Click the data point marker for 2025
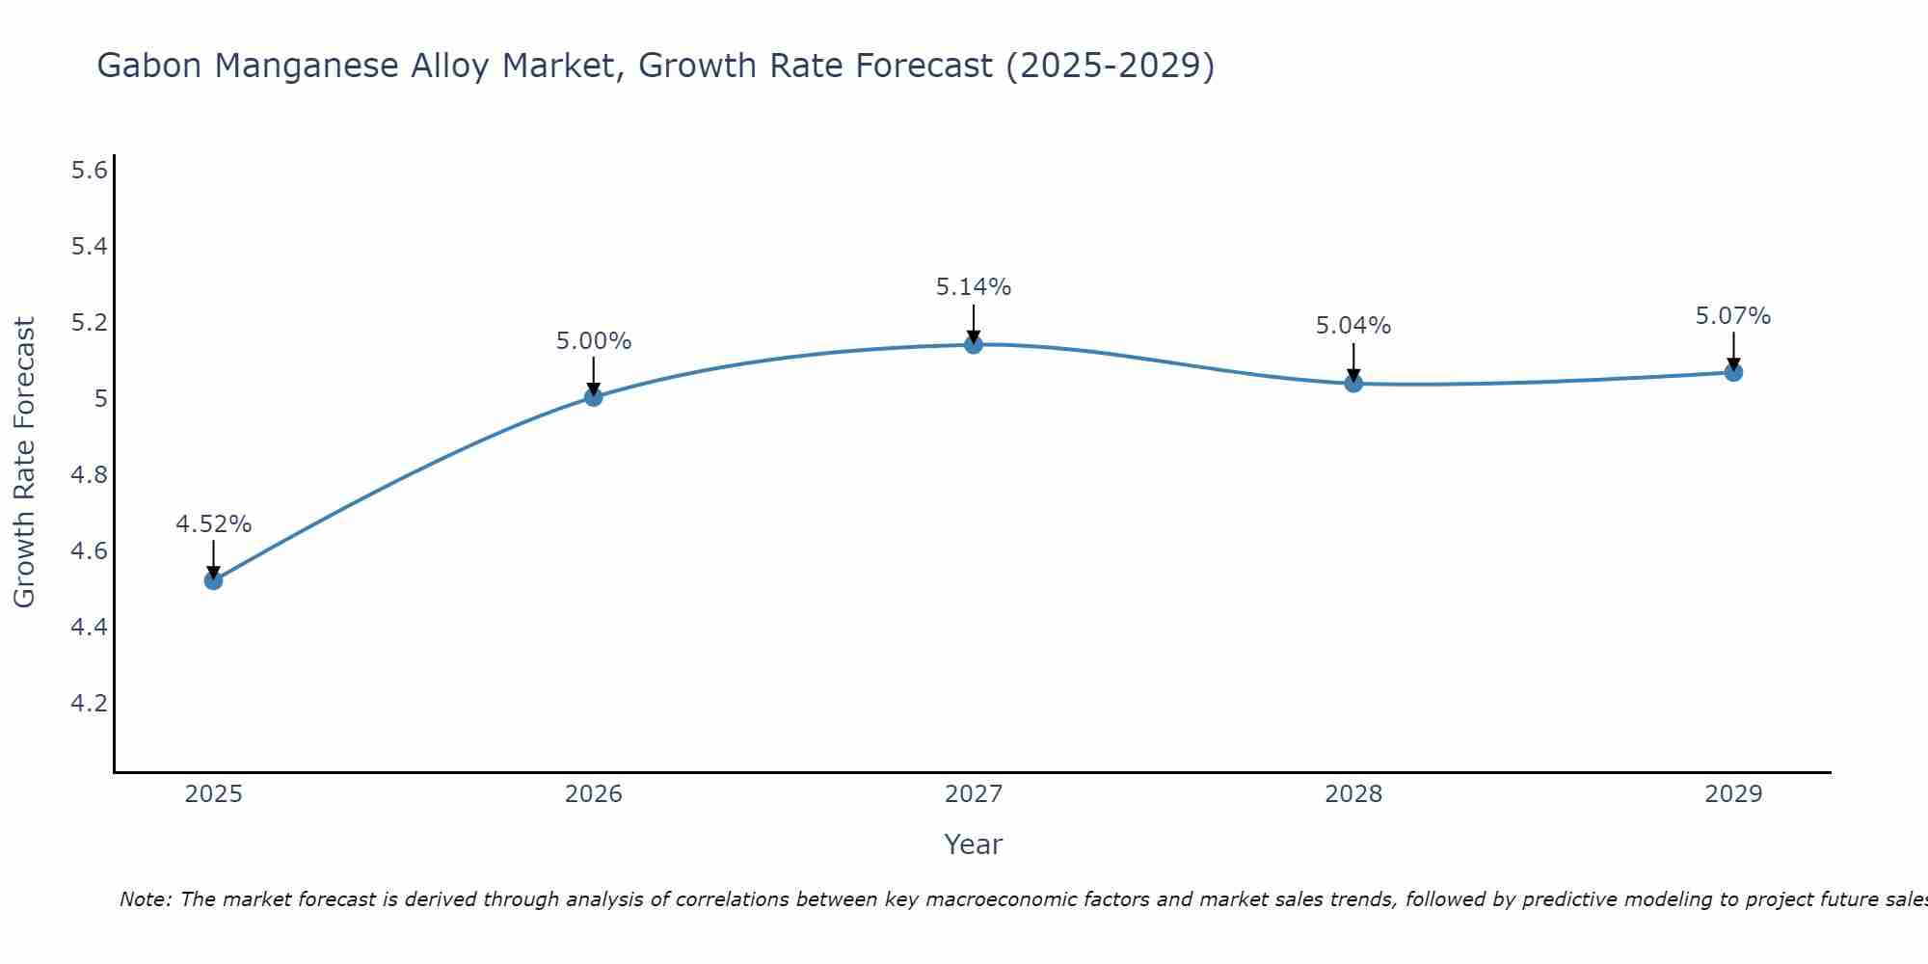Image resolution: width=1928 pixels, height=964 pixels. [213, 580]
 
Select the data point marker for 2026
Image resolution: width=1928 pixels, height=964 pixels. [593, 396]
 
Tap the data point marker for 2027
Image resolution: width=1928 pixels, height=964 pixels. [974, 344]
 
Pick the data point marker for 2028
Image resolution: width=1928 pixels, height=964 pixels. [1353, 383]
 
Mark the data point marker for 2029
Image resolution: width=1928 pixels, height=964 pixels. [1733, 372]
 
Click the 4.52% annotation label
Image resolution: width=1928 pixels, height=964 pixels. [213, 524]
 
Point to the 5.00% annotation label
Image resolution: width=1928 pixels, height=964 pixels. [593, 341]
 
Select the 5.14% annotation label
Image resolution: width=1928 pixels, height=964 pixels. [974, 287]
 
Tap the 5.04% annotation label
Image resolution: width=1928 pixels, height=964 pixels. [1353, 326]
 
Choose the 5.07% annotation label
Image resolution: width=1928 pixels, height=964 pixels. [1733, 316]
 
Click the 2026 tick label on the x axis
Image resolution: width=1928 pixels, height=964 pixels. [593, 794]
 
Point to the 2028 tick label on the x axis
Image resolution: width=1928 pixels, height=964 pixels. [1353, 794]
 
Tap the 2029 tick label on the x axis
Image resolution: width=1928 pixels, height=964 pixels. [1733, 794]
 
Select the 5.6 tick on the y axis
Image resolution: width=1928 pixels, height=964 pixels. [89, 171]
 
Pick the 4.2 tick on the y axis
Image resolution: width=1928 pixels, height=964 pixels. [89, 703]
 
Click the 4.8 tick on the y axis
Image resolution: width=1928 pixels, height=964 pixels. [89, 475]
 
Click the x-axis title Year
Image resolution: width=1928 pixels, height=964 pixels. [974, 844]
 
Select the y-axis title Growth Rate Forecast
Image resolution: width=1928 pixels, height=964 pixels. [24, 463]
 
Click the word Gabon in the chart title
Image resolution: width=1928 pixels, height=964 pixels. [150, 66]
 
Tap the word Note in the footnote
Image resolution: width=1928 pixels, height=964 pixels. [145, 899]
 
